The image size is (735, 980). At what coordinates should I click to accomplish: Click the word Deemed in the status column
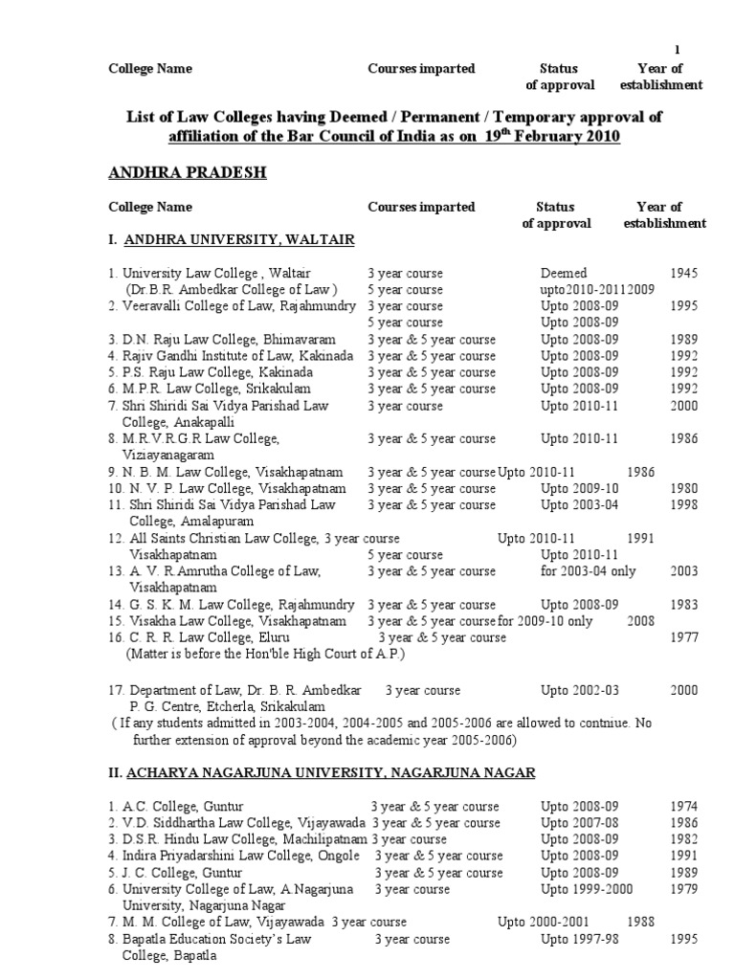pyautogui.click(x=564, y=273)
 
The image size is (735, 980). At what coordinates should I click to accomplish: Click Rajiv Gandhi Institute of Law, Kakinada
pyautogui.click(x=231, y=356)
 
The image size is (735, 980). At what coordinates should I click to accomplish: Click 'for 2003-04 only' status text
pyautogui.click(x=585, y=571)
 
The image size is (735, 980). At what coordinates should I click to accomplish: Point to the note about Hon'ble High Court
pyautogui.click(x=266, y=655)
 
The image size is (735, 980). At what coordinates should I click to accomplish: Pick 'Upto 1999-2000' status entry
pyautogui.click(x=587, y=889)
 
